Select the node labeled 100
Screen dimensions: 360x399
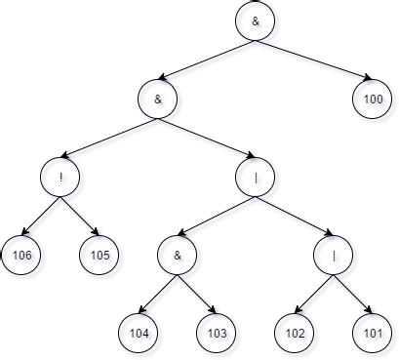click(372, 99)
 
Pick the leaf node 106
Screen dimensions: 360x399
click(20, 255)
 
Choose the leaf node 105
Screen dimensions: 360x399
click(99, 255)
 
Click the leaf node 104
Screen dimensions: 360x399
click(138, 333)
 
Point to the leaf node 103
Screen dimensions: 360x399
click(216, 333)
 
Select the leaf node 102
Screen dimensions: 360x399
click(294, 333)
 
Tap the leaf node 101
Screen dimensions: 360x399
click(372, 333)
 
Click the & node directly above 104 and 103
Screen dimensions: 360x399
click(177, 255)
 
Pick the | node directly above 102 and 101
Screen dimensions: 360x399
click(333, 255)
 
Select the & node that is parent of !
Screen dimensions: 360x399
click(157, 99)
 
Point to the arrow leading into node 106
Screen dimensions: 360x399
click(40, 216)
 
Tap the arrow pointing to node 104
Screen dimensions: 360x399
click(157, 294)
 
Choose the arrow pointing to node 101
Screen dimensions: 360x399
click(352, 294)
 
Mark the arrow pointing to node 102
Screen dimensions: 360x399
click(313, 294)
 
